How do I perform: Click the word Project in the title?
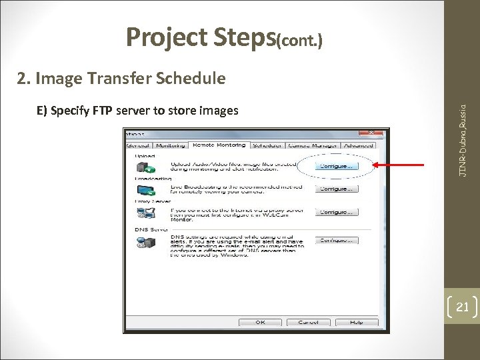pyautogui.click(x=167, y=39)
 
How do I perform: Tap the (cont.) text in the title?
pyautogui.click(x=301, y=42)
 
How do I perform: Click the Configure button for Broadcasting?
pyautogui.click(x=337, y=189)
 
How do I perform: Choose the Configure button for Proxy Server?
pyautogui.click(x=337, y=212)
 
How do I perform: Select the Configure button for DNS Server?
pyautogui.click(x=337, y=240)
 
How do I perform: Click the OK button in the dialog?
pyautogui.click(x=260, y=322)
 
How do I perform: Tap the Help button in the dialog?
pyautogui.click(x=356, y=322)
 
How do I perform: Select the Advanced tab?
pyautogui.click(x=359, y=145)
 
